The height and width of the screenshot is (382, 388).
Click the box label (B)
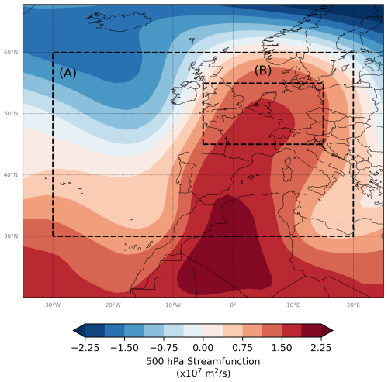tap(263, 71)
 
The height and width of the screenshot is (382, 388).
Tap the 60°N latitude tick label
tap(12, 53)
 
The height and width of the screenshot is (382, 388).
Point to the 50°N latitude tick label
tap(12, 114)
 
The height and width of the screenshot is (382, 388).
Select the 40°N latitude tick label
tap(12, 175)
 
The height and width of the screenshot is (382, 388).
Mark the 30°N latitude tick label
tap(12, 236)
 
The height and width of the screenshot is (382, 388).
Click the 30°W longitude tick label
tap(52, 305)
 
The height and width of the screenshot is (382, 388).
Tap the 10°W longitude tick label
tap(172, 305)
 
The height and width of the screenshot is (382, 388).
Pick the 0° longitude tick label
tap(233, 305)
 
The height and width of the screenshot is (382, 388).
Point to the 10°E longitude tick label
tap(293, 305)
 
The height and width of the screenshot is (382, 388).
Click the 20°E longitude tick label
tap(353, 305)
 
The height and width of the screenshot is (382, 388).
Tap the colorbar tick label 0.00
tap(203, 348)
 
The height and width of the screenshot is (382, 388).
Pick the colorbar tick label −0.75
tap(164, 348)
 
